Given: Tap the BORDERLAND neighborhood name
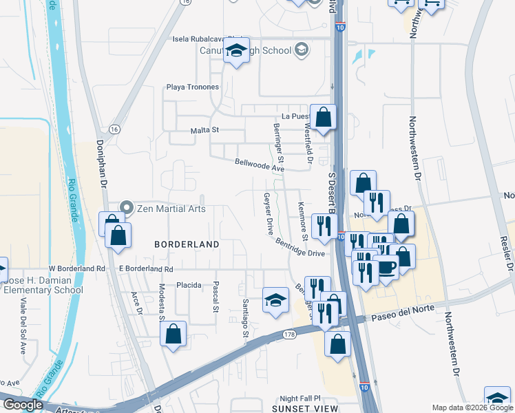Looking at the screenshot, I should point(187,244).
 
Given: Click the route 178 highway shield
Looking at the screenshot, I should point(288,334).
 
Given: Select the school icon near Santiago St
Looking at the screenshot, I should point(275,300).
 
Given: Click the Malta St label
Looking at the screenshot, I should point(204,129).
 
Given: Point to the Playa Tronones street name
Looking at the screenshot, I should point(192,87).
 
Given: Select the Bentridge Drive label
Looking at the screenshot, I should point(299,248).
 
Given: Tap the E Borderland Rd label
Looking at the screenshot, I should point(146,268).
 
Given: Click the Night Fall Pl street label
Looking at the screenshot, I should point(300,399).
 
